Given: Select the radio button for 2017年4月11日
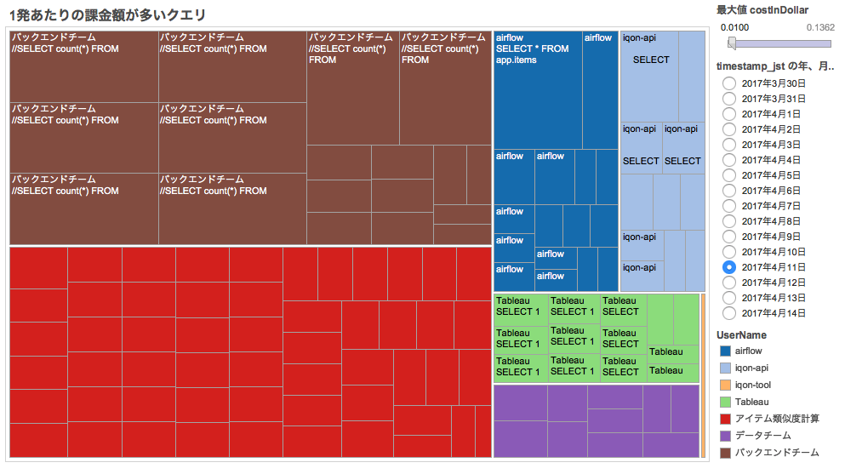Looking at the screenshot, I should coord(729,267).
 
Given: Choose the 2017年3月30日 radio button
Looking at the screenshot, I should coord(729,83).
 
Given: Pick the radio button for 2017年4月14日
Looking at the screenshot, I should coord(729,313).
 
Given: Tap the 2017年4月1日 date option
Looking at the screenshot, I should coord(729,114).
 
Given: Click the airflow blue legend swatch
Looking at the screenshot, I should coord(725,351).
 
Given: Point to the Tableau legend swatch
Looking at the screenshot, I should coord(725,402).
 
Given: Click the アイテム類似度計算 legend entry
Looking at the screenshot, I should coord(776,419).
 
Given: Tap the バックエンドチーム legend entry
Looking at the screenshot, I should coord(776,453).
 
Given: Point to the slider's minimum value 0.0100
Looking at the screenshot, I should coord(735,27).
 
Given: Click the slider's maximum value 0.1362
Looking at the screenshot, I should coord(820,27).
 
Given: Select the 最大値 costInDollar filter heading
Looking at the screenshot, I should coord(762,10).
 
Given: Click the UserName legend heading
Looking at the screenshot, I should coord(741,335).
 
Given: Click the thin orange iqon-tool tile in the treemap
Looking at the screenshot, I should coord(703,375).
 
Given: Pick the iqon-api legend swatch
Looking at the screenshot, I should coord(725,368).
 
